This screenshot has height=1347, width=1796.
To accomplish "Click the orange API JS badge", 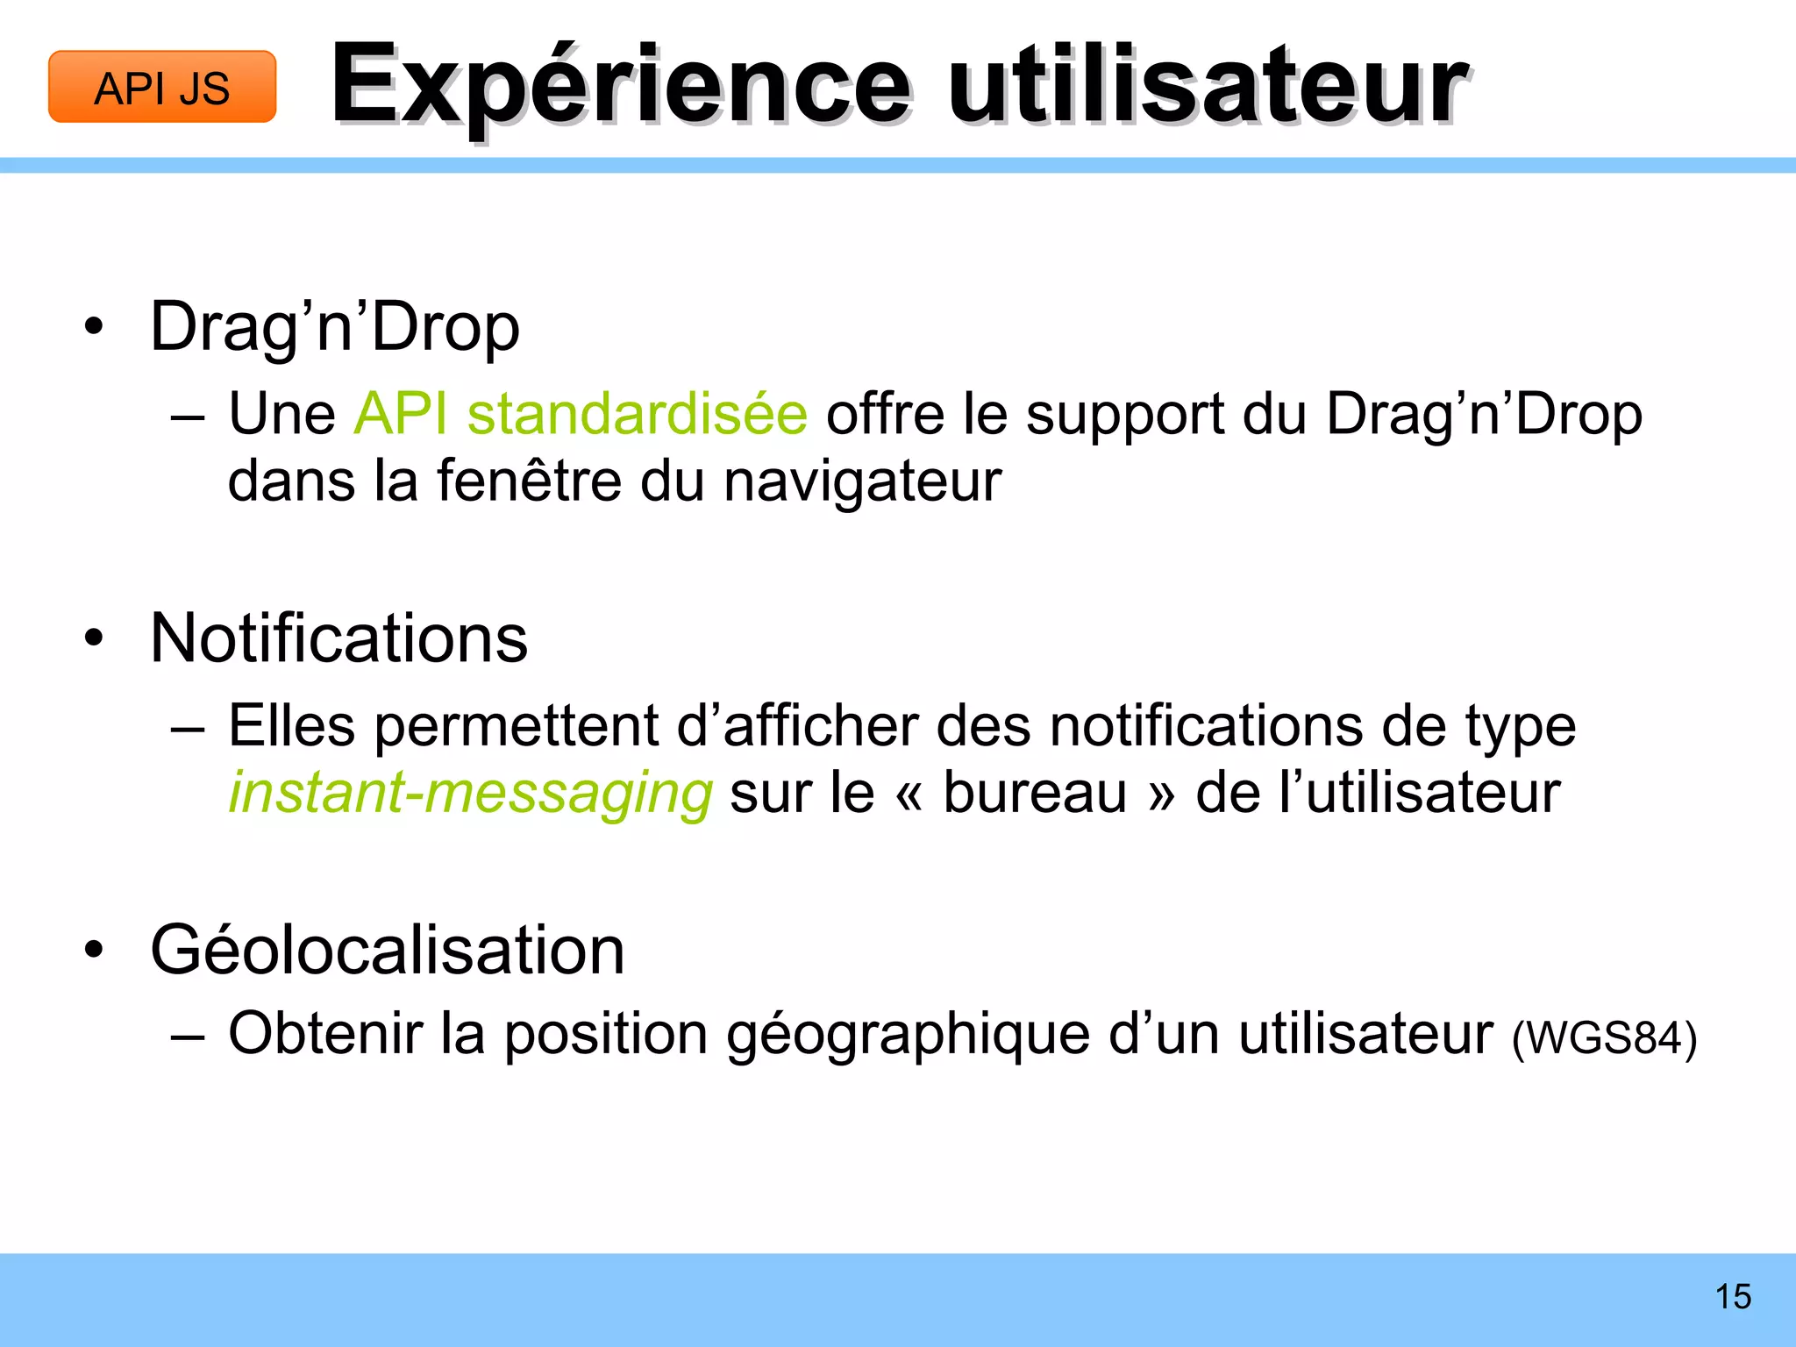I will point(162,87).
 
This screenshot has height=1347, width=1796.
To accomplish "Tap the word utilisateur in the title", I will point(1207,86).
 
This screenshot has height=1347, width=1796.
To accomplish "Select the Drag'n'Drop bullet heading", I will point(335,327).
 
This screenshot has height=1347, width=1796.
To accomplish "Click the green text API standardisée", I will point(580,413).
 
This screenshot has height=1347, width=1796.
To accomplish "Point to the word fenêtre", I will point(529,481).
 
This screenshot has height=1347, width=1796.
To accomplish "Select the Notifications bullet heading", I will point(339,638).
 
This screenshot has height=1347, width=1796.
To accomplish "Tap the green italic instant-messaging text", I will point(470,793).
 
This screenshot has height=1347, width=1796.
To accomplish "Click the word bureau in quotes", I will point(1035,793).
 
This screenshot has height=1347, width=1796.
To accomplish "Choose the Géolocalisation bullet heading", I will point(387,950).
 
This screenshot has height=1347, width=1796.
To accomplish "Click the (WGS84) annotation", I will point(1604,1038).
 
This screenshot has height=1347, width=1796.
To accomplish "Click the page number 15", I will point(1733,1297).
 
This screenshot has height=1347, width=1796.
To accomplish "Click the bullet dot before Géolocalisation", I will point(94,951).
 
